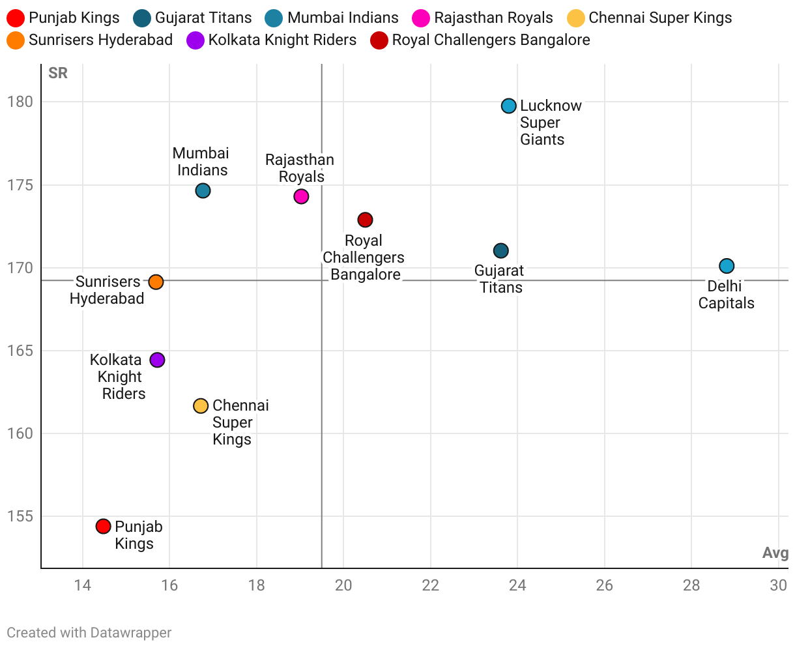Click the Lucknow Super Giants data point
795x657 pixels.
coord(509,106)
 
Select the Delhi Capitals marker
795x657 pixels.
coord(727,266)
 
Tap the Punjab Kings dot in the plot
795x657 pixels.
coord(103,526)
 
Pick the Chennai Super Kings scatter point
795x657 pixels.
coord(201,406)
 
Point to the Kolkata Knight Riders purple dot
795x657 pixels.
coord(157,360)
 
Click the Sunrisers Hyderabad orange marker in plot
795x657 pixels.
coord(156,282)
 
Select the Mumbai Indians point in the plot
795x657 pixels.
coord(203,191)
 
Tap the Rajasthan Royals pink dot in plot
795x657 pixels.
coord(301,196)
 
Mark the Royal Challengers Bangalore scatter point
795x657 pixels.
coord(365,220)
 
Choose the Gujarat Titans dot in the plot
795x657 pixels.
coord(500,251)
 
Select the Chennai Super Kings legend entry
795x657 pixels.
coord(650,18)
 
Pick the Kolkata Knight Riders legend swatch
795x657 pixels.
coord(195,40)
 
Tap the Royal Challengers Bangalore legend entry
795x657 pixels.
coord(480,40)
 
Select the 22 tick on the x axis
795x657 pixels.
coord(431,585)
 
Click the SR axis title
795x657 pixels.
coord(58,73)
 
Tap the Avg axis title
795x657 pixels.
coord(775,553)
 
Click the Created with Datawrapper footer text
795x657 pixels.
coord(89,632)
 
